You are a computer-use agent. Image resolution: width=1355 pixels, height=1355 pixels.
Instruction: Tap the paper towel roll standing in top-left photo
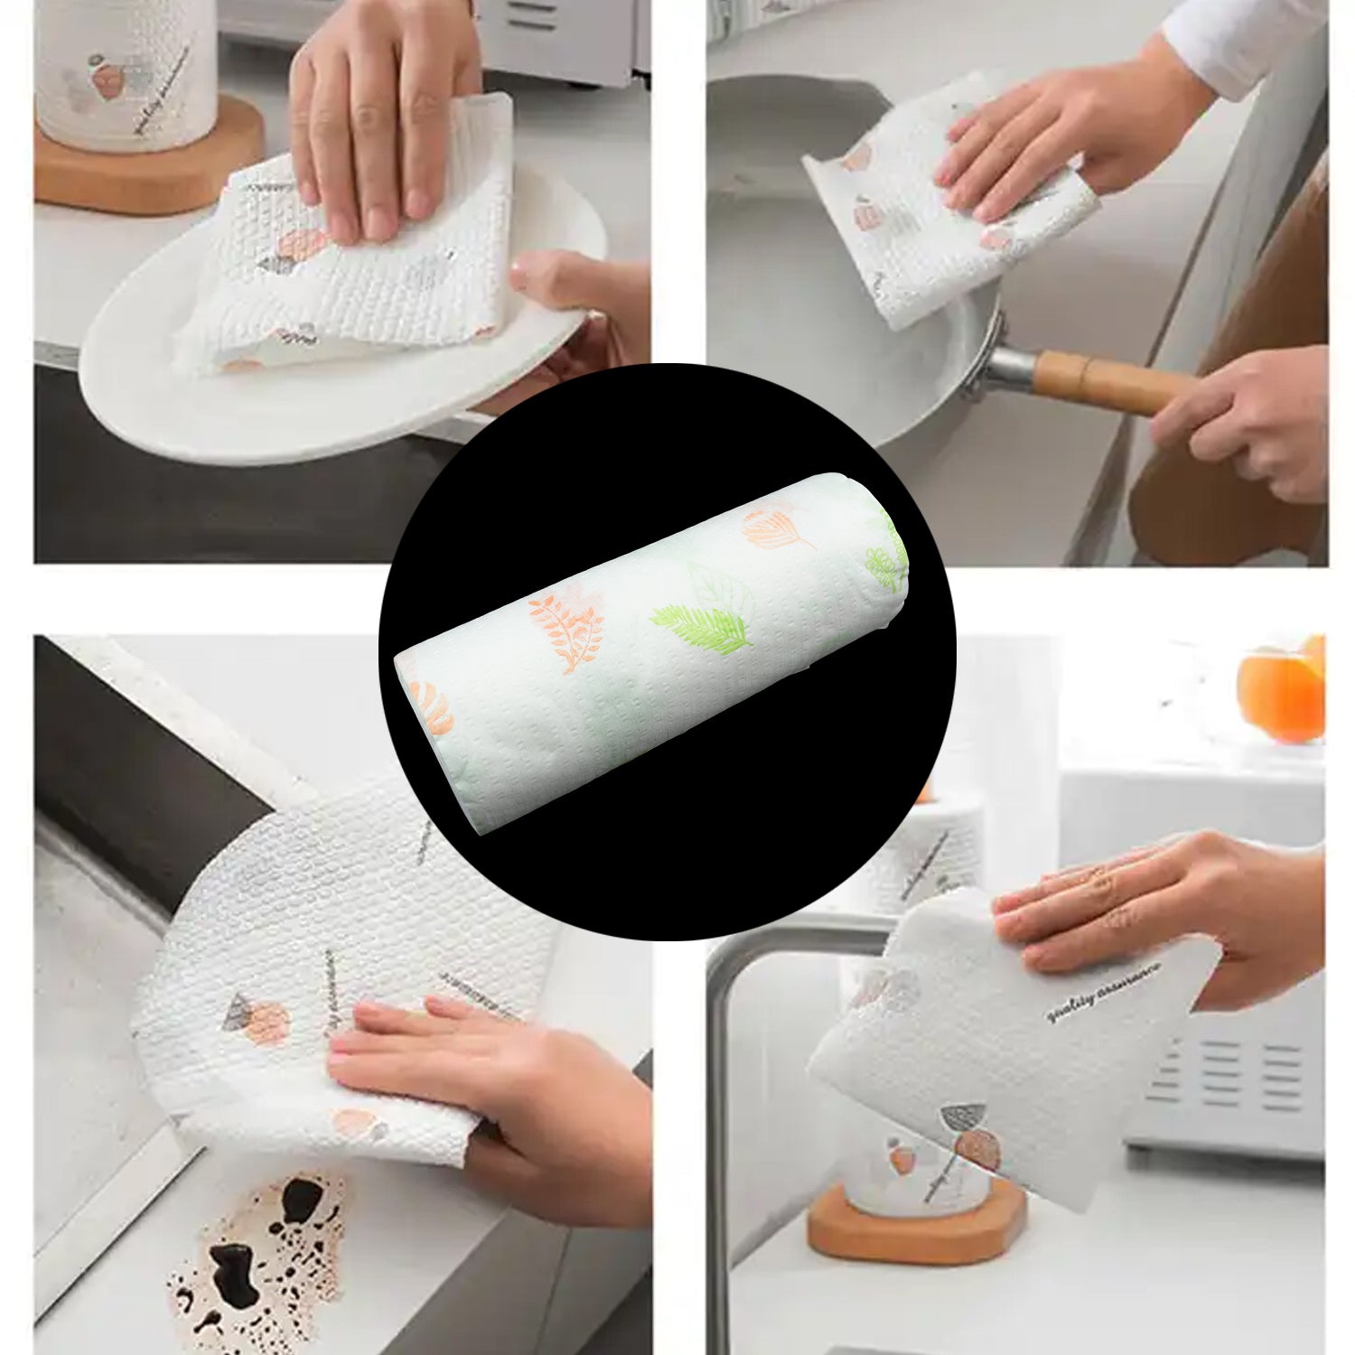coord(126,72)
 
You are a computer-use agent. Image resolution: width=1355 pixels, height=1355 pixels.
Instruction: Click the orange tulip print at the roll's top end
coord(772,529)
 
